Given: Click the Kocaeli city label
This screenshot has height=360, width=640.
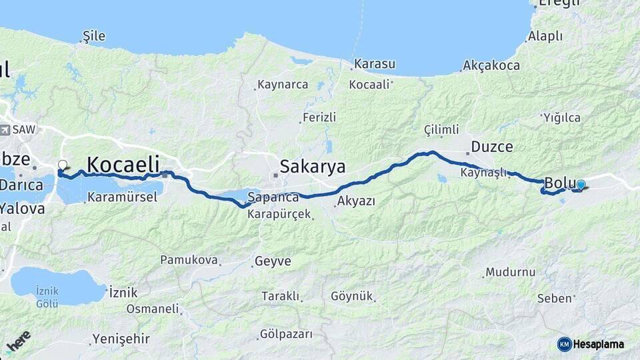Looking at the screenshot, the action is point(123,164).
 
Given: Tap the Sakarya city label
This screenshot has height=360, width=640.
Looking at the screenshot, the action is point(313,166).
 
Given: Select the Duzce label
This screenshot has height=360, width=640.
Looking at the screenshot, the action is point(492,147).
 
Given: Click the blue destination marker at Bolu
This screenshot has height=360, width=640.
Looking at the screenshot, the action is point(581,185).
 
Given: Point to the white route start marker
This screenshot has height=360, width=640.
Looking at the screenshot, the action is point(63,165).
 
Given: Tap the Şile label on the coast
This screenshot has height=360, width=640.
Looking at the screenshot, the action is point(93,36).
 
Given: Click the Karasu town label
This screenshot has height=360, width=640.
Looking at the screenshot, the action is point(375,64).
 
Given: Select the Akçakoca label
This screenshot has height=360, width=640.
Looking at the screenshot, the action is point(491,65).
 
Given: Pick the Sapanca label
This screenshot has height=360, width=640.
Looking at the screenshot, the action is point(273,197).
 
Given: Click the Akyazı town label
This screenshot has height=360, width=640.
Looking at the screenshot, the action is point(356,201).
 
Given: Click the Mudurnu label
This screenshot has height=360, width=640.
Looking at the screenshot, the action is point(510,272).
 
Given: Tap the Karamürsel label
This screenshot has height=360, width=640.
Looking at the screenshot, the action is point(122,197).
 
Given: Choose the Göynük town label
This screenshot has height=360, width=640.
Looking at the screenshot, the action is point(351,296).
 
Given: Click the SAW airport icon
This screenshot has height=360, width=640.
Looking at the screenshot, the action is point(5,129).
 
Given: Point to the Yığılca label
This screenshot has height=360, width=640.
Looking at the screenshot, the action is point(561,118).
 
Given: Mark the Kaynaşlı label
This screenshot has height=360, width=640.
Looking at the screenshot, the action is point(483,173).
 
